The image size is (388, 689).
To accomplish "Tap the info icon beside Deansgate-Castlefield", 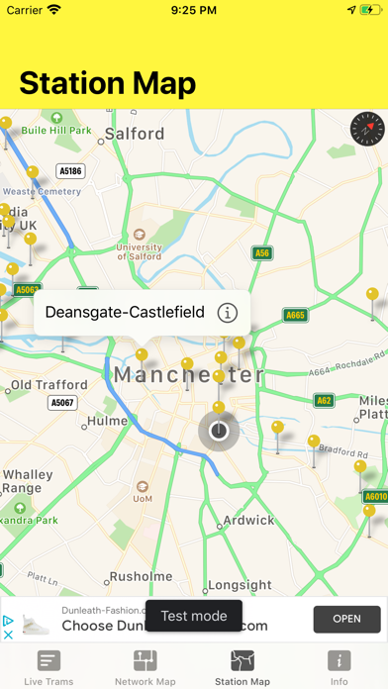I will point(228,313).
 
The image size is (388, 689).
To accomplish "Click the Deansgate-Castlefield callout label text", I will point(125,313).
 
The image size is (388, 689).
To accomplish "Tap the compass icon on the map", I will point(365,129).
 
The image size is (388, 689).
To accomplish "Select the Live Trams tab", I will point(48,668).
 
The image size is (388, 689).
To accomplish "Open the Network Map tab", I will point(145,668).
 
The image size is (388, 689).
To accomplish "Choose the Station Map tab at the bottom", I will point(242,668).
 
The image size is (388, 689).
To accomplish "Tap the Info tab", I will point(339,668).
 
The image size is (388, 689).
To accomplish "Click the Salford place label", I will point(135,134).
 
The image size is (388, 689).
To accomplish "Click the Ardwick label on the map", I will point(248,520).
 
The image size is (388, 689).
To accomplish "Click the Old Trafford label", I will point(49,384).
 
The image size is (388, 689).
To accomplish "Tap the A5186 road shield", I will point(70,171).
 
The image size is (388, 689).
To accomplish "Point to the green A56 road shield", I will point(261,253).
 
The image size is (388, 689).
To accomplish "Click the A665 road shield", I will point(295,316).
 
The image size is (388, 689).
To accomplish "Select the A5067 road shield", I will point(62,403).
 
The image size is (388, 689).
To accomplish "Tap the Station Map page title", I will point(108,83).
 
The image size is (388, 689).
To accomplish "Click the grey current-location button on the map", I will point(219,431).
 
